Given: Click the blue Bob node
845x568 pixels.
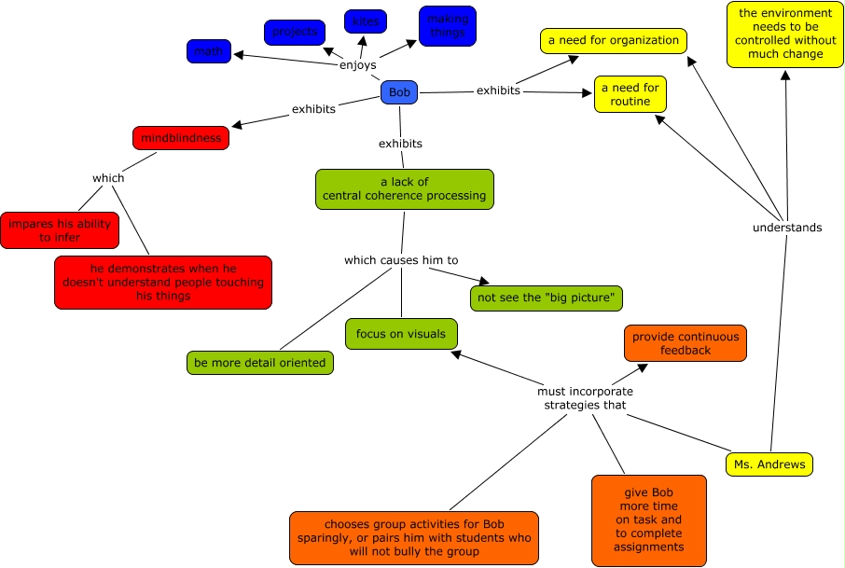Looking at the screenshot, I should pos(399,92).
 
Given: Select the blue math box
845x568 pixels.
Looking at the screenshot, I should pos(209,51).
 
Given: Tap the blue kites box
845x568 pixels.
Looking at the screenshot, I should pos(366,21).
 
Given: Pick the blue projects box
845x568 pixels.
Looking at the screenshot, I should pos(295,33).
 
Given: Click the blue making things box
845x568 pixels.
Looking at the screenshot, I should pos(448,26).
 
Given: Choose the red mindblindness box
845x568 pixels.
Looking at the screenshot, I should pos(181,138).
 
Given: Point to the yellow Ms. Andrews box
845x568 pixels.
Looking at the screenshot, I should pos(769,464).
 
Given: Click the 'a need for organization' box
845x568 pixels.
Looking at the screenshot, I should pos(613,41).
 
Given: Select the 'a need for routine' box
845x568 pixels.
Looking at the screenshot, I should pos(630,94).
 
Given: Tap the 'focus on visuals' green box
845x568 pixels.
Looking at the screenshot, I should pos(401,334).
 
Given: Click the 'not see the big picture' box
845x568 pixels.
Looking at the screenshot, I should pos(547,298).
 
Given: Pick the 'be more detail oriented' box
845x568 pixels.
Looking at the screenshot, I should pos(260,363).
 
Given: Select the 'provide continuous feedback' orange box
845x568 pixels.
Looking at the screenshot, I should pos(686,343).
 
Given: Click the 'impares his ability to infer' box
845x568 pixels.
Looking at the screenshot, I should pos(60,230).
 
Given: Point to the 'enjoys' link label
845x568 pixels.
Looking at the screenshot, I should pos(358,65).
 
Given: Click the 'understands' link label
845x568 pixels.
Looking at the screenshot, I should pos(787,228).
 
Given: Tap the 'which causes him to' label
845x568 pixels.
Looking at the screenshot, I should pos(401,260).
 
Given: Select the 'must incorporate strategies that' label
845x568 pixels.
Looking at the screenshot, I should pos(585,398).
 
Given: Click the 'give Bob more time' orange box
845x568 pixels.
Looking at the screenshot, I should pos(649,520).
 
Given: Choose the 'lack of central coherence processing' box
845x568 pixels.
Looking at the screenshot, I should pos(404,188).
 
